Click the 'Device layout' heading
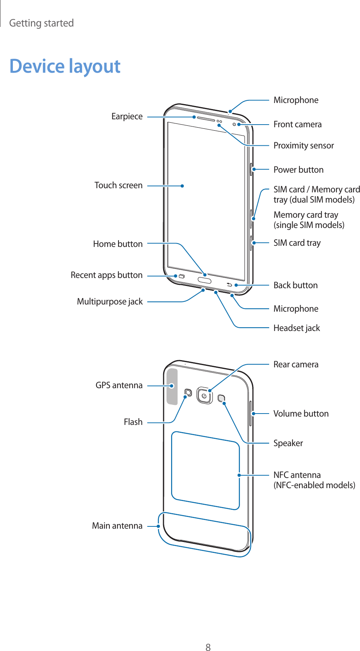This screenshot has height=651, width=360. (x=65, y=66)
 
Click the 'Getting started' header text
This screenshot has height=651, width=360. (x=41, y=23)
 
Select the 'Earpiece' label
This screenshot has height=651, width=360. (x=127, y=117)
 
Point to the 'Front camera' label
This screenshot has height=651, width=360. (x=297, y=125)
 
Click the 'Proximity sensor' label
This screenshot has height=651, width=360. (x=304, y=146)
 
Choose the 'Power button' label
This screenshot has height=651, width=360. (x=298, y=170)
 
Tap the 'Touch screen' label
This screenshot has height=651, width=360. (x=118, y=186)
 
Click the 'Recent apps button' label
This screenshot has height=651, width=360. (x=106, y=275)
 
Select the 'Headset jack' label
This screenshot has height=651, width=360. (x=296, y=328)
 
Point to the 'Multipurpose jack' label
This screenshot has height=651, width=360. (x=110, y=302)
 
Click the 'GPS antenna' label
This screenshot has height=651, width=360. (x=119, y=386)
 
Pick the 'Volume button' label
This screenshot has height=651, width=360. (x=301, y=414)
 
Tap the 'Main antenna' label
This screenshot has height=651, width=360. (x=117, y=526)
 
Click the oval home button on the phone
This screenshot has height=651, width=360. (x=204, y=280)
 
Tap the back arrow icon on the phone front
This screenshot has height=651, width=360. (x=229, y=284)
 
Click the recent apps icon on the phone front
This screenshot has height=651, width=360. (x=181, y=276)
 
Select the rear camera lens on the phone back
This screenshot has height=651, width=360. (x=204, y=396)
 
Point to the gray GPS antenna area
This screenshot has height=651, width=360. (x=172, y=386)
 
